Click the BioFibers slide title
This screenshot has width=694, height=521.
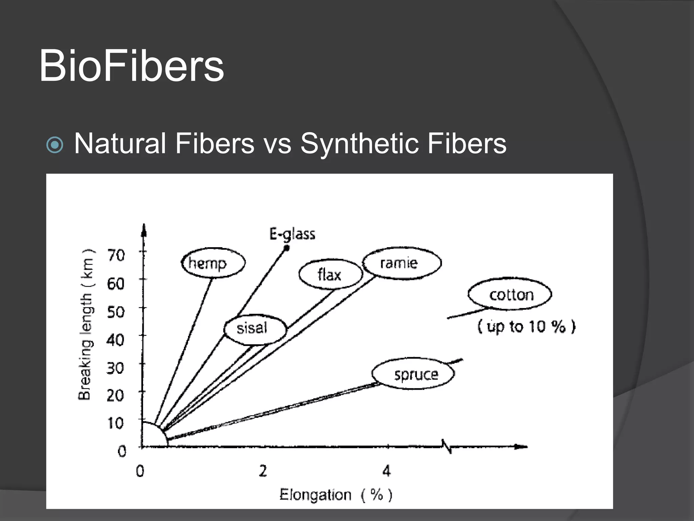[x=131, y=66]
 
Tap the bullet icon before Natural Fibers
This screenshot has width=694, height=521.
[x=55, y=145]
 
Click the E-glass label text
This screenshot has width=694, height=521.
[x=292, y=234]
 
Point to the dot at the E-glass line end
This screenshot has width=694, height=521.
[x=286, y=248]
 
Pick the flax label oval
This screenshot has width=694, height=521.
[x=330, y=274]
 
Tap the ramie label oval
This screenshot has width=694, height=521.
[x=402, y=263]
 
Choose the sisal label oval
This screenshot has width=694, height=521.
[x=255, y=328]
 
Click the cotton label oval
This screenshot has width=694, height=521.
[x=510, y=294]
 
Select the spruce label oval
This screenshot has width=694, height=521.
[x=413, y=374]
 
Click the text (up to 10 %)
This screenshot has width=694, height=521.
[x=526, y=326]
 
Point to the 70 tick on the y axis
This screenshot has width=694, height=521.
[x=116, y=255]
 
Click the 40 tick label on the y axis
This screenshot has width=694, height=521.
[x=116, y=340]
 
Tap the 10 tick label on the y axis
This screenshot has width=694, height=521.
[x=116, y=423]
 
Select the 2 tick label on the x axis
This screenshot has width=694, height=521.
[x=263, y=471]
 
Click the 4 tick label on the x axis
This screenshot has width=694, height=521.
[x=386, y=471]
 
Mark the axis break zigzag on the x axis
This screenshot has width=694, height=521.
[x=447, y=446]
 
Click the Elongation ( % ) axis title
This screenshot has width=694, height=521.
[x=335, y=495]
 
